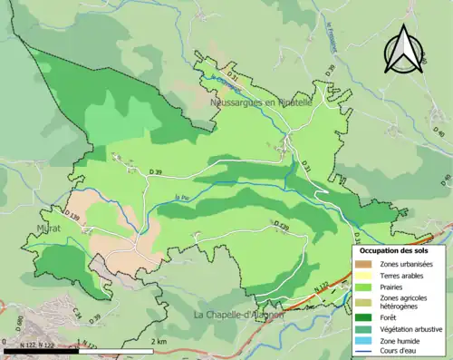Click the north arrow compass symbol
click(405, 49)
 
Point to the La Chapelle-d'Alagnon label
click(239, 315)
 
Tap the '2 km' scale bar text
click(160, 341)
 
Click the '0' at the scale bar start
click(6, 341)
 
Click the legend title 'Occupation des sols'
click(395, 250)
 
